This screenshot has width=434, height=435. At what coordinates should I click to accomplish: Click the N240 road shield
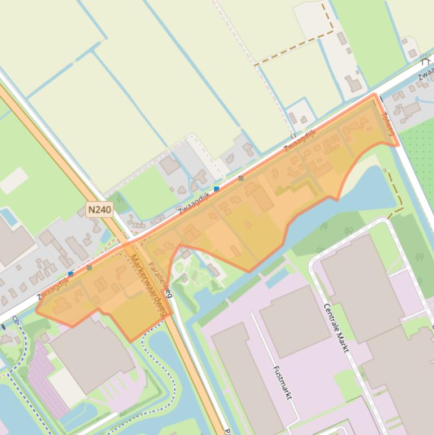click(x=100, y=210)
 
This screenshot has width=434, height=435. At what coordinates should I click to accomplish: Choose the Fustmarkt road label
click(x=281, y=382)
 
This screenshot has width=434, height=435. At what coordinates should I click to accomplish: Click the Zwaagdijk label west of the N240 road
click(x=54, y=288)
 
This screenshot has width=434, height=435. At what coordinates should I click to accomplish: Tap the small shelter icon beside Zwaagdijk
click(x=424, y=60)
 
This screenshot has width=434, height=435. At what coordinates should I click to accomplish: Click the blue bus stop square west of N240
click(x=71, y=274)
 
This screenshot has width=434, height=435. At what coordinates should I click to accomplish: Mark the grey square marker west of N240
click(x=89, y=268)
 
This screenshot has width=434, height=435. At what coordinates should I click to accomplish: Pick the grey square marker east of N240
click(x=241, y=179)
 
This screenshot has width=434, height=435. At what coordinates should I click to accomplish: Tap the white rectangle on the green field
click(x=14, y=180)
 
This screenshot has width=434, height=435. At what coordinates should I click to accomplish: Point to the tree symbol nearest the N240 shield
click(x=119, y=198)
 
